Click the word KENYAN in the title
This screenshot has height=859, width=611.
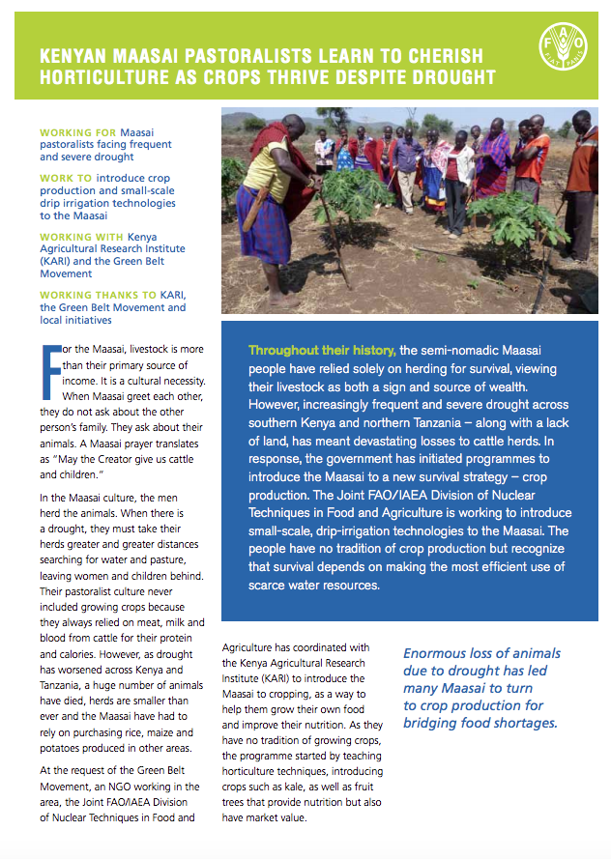pos(76,57)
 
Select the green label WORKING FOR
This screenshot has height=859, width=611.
pos(78,131)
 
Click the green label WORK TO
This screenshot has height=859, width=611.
pos(66,178)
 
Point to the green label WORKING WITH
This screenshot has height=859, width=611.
pos(83,237)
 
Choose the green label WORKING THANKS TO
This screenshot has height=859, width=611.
pos(98,296)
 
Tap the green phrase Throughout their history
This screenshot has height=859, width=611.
pos(321,350)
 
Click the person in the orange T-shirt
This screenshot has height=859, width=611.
pos(529,164)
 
